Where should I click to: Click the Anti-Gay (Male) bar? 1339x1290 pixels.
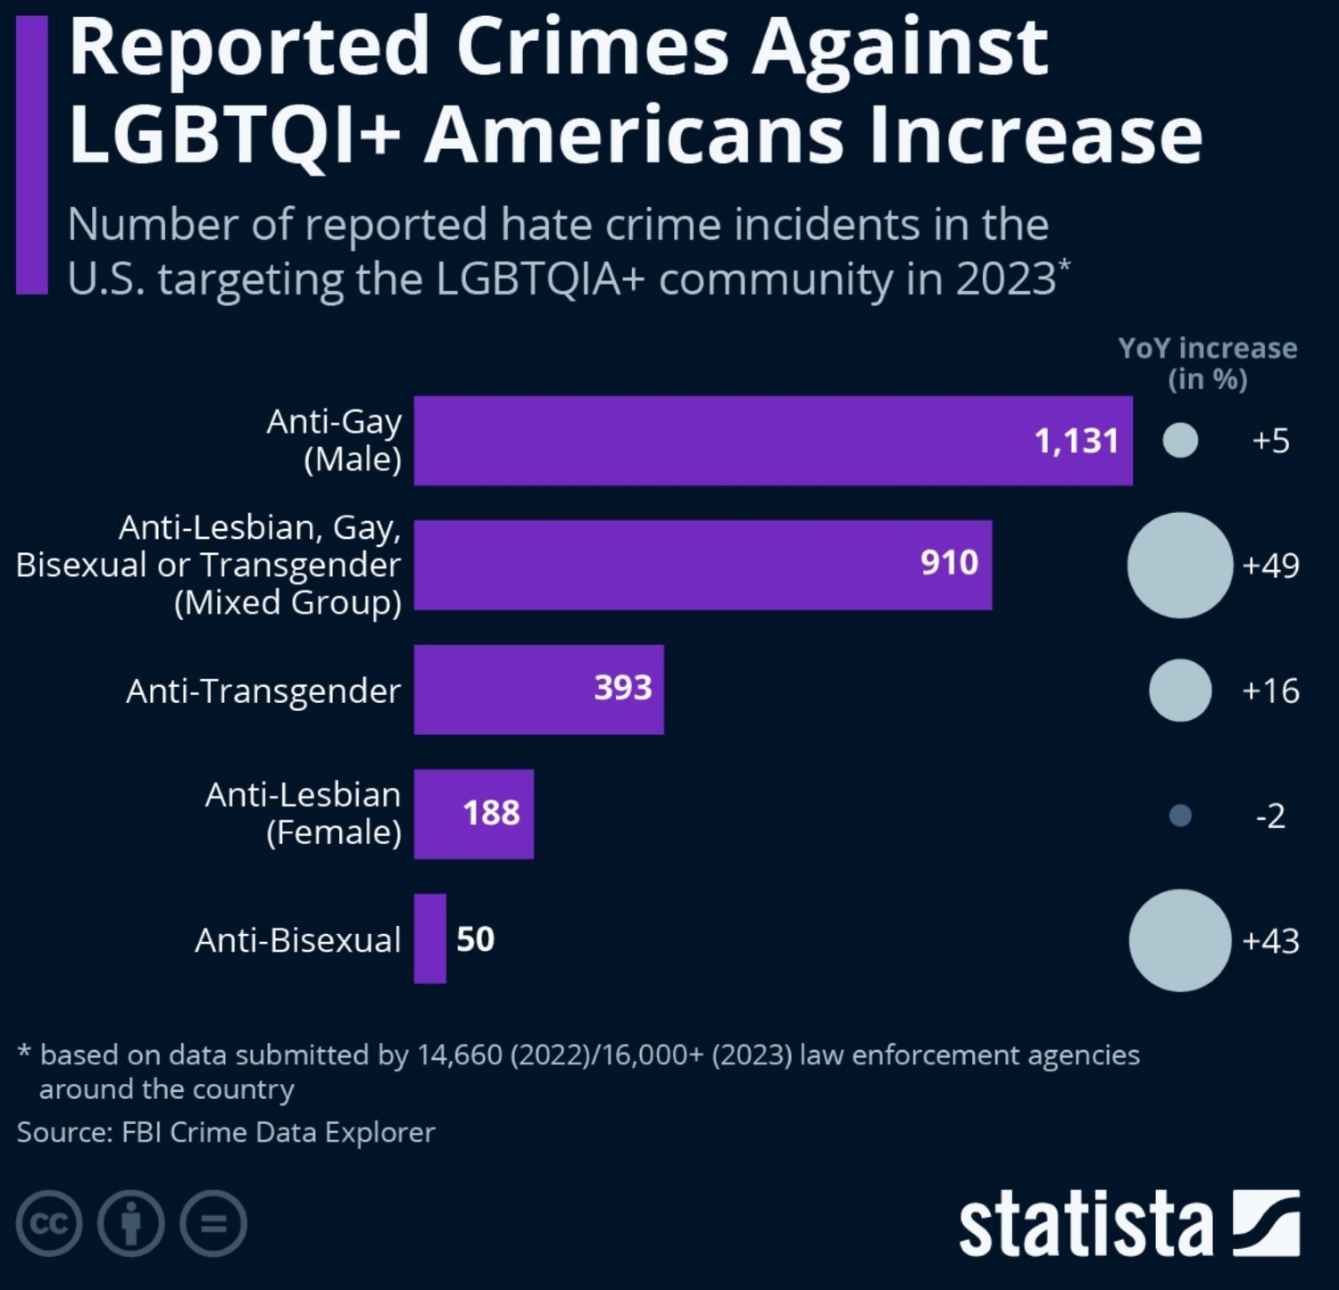click(x=772, y=441)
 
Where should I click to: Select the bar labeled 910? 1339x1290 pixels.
click(x=703, y=565)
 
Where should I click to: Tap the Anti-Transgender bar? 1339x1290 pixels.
click(x=538, y=690)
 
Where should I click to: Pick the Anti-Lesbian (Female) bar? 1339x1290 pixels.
click(x=473, y=814)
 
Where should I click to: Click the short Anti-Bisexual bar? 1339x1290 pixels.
click(x=429, y=939)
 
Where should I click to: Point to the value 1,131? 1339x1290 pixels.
click(x=1076, y=441)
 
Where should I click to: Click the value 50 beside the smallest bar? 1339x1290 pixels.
click(x=475, y=939)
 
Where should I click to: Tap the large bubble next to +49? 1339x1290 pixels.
click(x=1179, y=565)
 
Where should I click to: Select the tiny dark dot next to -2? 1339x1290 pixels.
click(x=1180, y=815)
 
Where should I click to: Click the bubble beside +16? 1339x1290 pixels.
click(x=1180, y=690)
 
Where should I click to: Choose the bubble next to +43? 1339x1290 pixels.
click(x=1180, y=940)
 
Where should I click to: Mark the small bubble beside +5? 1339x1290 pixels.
click(x=1180, y=441)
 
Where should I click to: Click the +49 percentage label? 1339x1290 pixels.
click(x=1271, y=566)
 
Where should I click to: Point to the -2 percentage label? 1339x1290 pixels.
click(x=1270, y=816)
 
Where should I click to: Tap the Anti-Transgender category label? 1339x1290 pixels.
click(x=263, y=690)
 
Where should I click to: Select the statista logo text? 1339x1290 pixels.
click(x=1085, y=1224)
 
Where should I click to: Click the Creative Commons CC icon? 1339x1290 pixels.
click(x=49, y=1223)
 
